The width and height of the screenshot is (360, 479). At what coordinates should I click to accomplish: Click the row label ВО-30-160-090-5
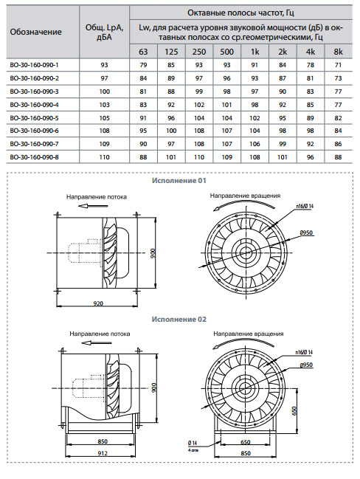34,118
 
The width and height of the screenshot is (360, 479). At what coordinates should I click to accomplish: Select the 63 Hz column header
143,52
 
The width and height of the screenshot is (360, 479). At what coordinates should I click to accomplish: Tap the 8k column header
338,52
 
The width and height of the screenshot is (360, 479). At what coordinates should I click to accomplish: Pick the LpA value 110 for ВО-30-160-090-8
104,157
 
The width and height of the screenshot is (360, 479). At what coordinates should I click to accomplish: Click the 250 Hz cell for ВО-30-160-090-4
199,105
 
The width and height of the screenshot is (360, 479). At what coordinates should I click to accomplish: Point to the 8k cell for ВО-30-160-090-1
338,65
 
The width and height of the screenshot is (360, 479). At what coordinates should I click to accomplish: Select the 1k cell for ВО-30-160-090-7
255,144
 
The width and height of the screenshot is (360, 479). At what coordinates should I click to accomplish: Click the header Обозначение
35,32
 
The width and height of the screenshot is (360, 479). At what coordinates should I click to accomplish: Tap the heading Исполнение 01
179,181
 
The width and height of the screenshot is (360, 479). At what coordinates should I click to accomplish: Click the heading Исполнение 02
179,320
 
